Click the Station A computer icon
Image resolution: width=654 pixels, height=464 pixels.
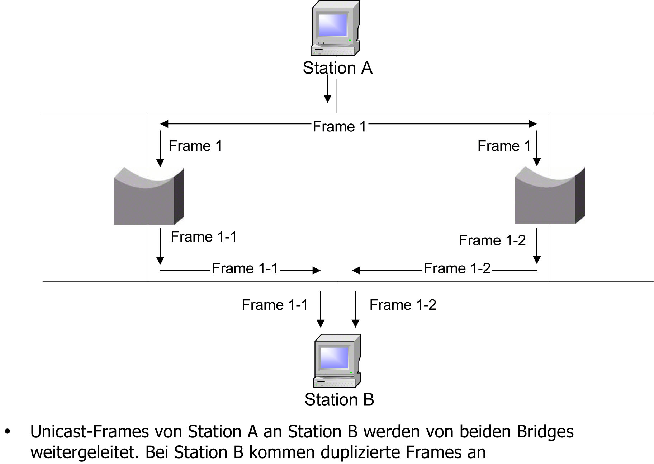335,29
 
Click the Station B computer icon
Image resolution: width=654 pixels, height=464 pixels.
337,361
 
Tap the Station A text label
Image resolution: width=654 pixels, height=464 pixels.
337,68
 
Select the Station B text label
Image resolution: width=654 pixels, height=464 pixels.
339,399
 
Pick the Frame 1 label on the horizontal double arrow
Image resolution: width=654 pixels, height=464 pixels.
339,126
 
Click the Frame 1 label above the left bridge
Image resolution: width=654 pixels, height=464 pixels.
195,146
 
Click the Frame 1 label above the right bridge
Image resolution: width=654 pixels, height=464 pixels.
504,146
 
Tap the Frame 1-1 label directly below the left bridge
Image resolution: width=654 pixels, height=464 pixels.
204,236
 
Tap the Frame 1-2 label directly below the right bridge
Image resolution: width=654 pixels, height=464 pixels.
492,240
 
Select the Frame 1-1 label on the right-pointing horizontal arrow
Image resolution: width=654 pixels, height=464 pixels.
245,268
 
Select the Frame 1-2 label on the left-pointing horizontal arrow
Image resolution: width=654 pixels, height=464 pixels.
457,268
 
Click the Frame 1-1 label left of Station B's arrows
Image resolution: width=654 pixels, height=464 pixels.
275,305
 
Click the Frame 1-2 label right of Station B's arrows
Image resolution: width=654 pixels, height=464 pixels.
403,305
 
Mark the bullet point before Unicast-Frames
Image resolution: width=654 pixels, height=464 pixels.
8,432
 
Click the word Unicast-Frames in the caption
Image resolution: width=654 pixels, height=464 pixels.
89,432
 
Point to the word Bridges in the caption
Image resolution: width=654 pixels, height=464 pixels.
545,432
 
